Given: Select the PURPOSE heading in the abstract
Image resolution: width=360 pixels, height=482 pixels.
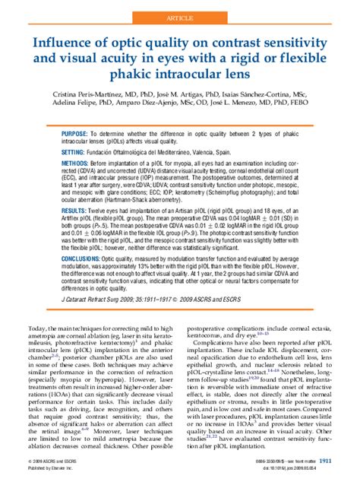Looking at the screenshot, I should coord(78,132).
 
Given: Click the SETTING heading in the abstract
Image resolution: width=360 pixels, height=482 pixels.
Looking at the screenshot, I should coord(77,152).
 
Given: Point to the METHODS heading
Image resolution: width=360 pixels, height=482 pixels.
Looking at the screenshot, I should coord(79,163).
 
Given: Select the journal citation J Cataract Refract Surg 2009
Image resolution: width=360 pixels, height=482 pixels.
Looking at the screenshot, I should coord(106,299).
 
